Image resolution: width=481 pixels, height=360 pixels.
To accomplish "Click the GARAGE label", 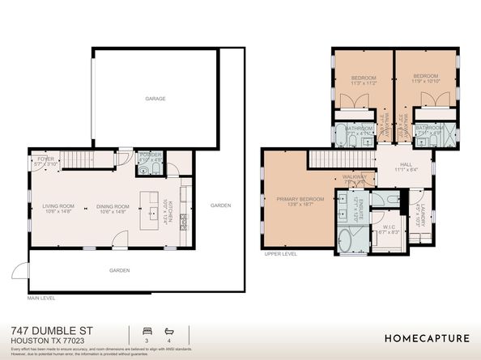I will pyautogui.click(x=155, y=99).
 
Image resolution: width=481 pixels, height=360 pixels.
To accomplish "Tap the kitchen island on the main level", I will pyautogui.click(x=151, y=208).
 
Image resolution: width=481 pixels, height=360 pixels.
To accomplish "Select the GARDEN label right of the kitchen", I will pyautogui.click(x=220, y=205).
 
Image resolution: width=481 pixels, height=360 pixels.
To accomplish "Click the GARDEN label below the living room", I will pyautogui.click(x=121, y=271).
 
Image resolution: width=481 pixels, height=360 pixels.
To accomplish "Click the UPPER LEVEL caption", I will pyautogui.click(x=280, y=253).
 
